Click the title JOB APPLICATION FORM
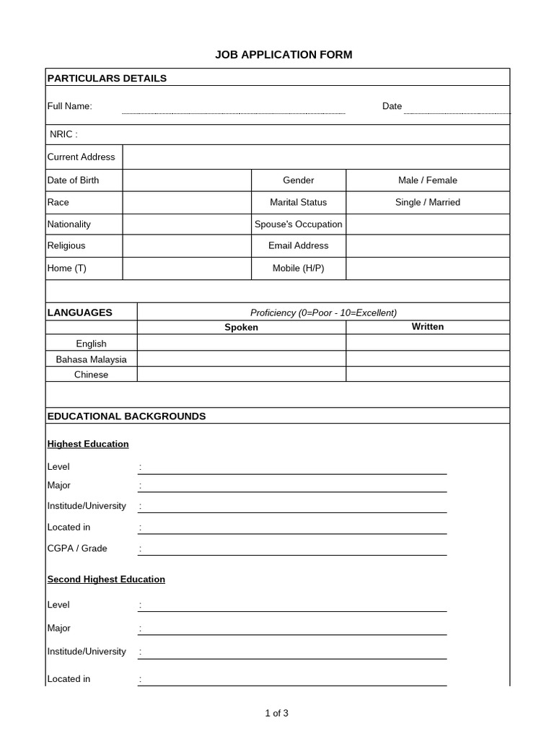pos(283,55)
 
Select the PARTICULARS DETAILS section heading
pos(107,78)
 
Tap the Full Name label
pos(70,106)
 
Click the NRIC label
pos(63,134)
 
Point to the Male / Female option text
pos(428,180)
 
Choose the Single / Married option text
pos(428,202)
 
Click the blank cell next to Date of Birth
pos(187,180)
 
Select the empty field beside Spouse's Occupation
pos(428,224)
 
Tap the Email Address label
pos(298,246)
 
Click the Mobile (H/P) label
pos(298,268)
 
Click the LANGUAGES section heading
pos(80,312)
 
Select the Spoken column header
pos(241,328)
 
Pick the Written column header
pos(428,327)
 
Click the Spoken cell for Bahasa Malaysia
pos(241,359)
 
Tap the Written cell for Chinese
pos(428,375)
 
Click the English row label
pos(91,344)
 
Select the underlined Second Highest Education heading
pos(106,580)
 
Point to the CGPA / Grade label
pos(77,548)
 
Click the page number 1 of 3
pos(277,714)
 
